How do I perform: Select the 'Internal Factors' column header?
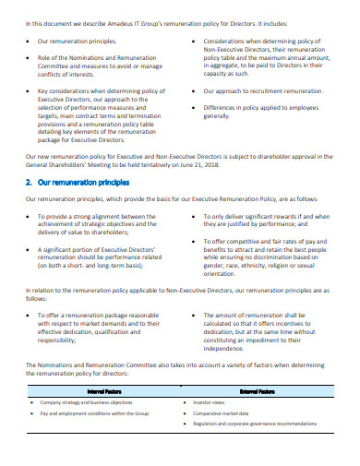click(104, 391)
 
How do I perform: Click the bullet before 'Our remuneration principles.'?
click(29, 42)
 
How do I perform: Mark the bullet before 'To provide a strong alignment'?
click(29, 218)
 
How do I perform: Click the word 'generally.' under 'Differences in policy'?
click(219, 116)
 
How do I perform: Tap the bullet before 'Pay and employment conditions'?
click(32, 413)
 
